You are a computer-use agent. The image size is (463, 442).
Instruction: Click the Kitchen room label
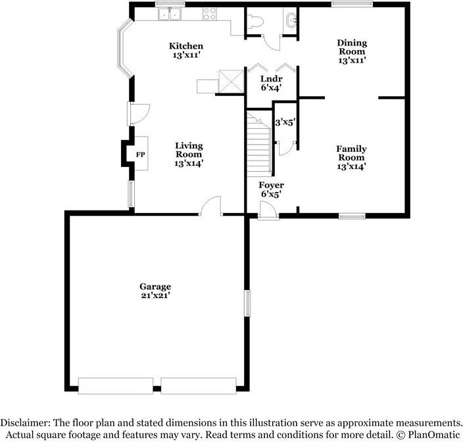click(186, 50)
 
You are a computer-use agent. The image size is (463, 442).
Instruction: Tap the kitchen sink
click(170, 14)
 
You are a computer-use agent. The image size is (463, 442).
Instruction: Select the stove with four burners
click(210, 14)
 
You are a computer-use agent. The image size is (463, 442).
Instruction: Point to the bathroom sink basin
click(290, 20)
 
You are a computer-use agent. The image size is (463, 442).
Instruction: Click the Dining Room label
click(352, 51)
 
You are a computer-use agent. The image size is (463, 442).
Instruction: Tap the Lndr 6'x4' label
click(271, 83)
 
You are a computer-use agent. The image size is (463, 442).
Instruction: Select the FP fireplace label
click(141, 155)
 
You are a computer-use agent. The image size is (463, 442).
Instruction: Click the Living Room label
click(189, 154)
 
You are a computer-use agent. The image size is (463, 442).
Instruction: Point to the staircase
click(259, 144)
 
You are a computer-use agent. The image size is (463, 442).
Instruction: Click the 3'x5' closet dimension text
click(285, 122)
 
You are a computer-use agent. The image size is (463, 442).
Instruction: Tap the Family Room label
click(351, 157)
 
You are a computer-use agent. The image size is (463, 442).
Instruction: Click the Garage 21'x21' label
click(155, 291)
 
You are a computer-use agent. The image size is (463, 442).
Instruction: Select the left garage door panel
click(116, 385)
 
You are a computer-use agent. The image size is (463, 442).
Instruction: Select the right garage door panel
click(199, 385)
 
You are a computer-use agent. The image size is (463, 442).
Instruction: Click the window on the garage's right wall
click(247, 303)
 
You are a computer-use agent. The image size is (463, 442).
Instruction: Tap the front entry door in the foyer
click(268, 211)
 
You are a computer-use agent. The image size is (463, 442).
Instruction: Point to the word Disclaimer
click(25, 422)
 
